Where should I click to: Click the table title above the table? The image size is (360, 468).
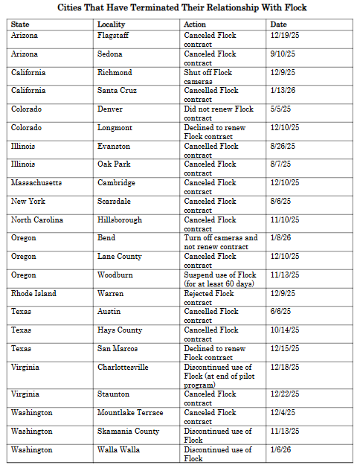(181, 7)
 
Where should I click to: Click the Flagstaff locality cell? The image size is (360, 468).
(115, 36)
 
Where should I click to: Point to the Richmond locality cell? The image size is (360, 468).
(115, 73)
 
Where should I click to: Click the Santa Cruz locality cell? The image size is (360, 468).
(118, 91)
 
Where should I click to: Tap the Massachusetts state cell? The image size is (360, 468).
(36, 183)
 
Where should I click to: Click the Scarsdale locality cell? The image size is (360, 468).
(115, 202)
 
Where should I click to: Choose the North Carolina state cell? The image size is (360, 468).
(37, 220)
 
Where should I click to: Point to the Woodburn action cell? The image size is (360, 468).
(220, 279)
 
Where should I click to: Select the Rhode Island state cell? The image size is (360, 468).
(33, 293)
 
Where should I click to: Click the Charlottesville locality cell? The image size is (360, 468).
(123, 367)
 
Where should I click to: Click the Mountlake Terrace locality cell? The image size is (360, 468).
(130, 413)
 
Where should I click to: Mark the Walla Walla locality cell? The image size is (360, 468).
(119, 449)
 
